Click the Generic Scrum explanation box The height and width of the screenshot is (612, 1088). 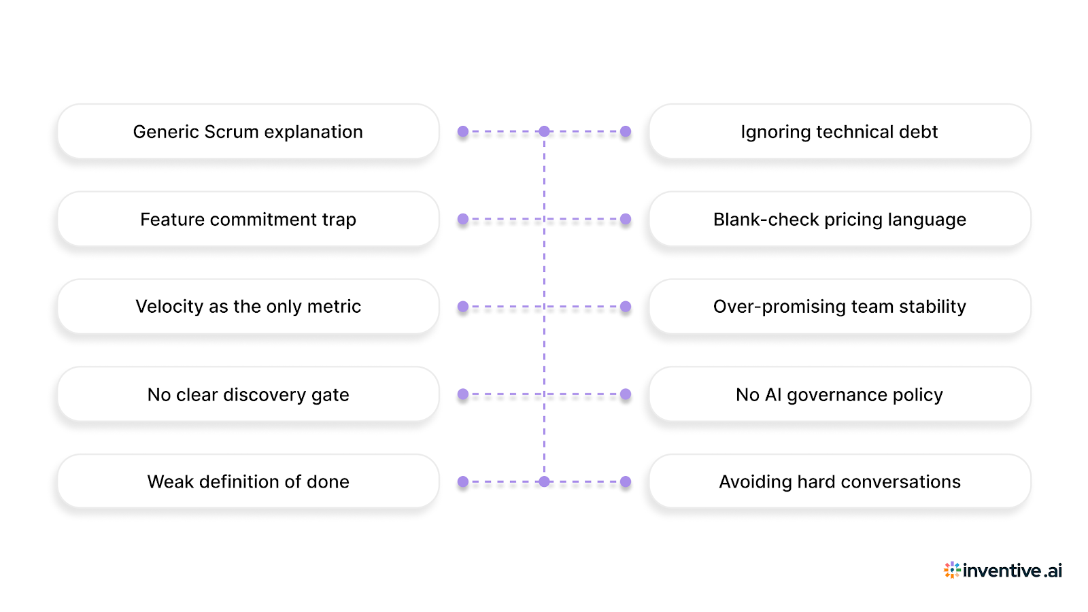point(248,131)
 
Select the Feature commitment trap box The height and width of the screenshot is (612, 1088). point(248,219)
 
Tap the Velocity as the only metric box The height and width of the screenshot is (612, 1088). point(248,307)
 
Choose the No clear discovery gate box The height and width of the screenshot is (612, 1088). point(248,394)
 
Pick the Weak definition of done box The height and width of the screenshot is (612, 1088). point(248,481)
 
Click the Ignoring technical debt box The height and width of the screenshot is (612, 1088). point(839,131)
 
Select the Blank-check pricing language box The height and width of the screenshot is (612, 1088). point(839,219)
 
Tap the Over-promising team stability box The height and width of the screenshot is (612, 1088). point(839,307)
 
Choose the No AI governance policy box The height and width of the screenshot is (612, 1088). point(839,394)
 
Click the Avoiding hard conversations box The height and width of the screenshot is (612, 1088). point(839,481)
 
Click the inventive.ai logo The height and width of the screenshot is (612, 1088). point(1003,571)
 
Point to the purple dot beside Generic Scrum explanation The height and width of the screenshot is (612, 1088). point(463,131)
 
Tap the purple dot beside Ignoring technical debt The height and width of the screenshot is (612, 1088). point(626,131)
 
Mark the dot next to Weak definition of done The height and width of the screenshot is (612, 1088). point(463,481)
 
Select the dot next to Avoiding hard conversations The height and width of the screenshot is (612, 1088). point(626,481)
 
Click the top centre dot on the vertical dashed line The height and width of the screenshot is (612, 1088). point(544,131)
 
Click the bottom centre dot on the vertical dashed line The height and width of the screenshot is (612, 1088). point(544,481)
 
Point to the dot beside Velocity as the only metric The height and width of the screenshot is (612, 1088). point(463,307)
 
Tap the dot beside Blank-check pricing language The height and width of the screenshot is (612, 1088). point(626,219)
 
